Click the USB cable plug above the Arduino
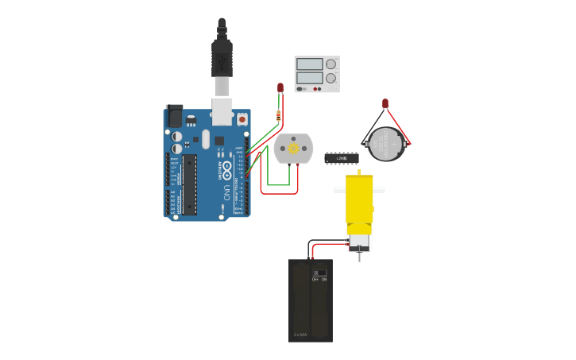point(222,60)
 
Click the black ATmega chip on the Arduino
point(189,184)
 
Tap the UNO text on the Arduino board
point(226,192)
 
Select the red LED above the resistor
point(280,87)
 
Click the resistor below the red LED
point(277,116)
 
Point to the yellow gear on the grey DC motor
point(292,149)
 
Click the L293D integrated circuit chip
point(341,158)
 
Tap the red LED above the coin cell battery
point(385,103)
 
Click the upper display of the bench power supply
point(309,64)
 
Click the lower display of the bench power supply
point(309,78)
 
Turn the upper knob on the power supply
point(331,64)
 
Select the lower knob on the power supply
point(331,78)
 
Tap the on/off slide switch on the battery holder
point(319,273)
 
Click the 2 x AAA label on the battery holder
point(300,334)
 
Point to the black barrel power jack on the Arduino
point(173,116)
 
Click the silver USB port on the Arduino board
point(222,111)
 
